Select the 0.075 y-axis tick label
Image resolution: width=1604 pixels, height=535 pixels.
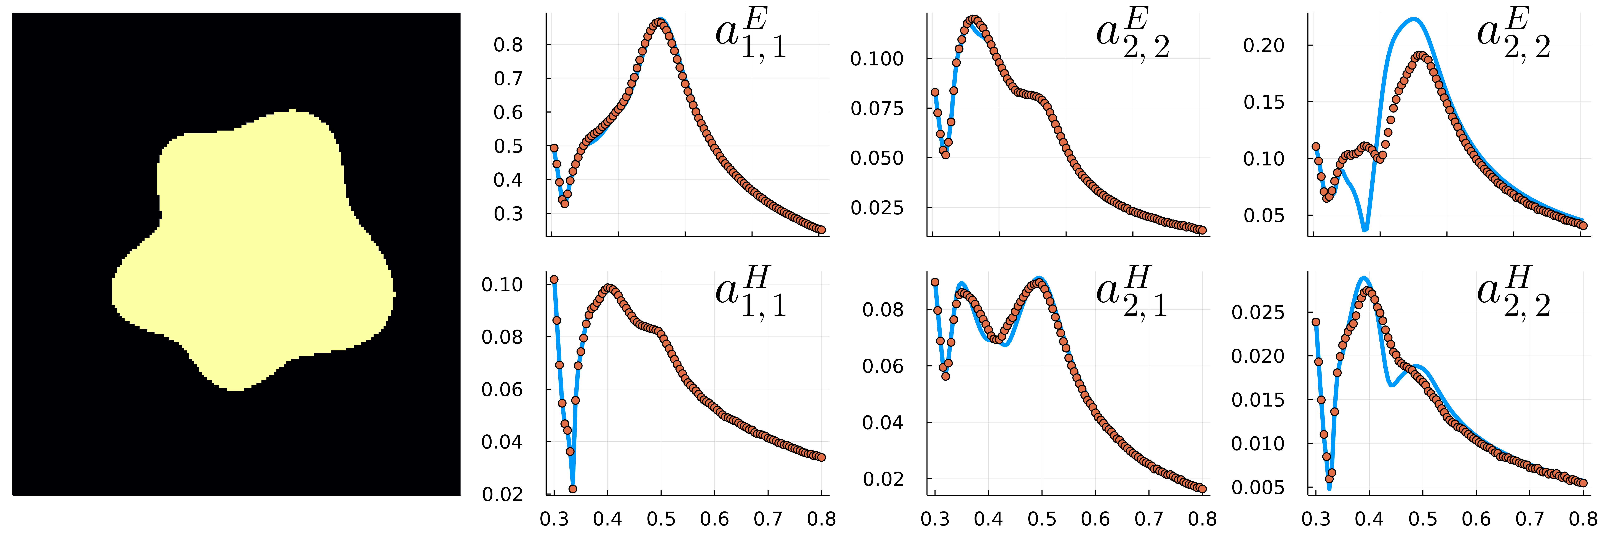(877, 108)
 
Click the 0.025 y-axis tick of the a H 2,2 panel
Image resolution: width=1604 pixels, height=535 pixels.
(1258, 312)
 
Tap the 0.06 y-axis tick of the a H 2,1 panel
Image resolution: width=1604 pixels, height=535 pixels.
(883, 366)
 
